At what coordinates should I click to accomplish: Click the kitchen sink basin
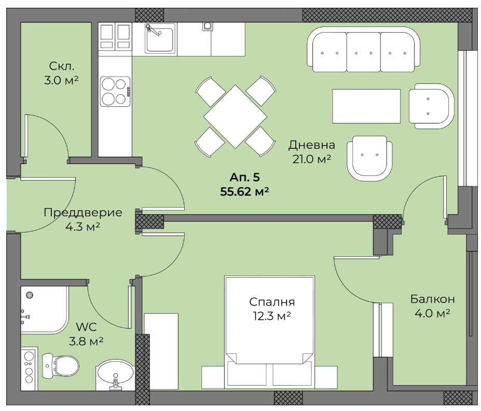point(160,39)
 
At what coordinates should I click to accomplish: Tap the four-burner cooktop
point(115,91)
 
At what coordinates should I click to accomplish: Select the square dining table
point(235,117)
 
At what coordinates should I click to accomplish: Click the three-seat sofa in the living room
point(364,49)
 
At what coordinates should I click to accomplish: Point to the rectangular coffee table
point(366,106)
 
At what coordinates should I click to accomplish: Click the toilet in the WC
point(60,365)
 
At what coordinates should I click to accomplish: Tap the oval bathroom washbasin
point(115,375)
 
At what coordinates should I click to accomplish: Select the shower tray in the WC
point(45,310)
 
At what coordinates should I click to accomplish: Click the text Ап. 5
point(244,177)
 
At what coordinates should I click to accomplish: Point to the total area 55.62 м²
point(244,191)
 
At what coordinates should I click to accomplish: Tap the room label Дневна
point(311,145)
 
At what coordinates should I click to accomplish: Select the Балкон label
point(433,299)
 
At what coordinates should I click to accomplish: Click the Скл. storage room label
point(62,66)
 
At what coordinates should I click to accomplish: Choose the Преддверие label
point(83,213)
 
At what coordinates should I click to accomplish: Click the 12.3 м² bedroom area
point(272,316)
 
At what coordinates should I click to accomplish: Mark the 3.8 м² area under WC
point(86,341)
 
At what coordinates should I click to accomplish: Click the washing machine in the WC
point(29,369)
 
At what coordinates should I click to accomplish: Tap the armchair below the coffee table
point(369,159)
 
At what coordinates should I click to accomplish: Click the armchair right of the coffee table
point(431,106)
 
